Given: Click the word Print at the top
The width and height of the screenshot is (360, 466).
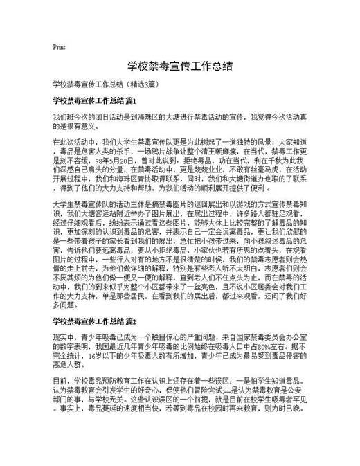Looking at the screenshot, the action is (x=59, y=48).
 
